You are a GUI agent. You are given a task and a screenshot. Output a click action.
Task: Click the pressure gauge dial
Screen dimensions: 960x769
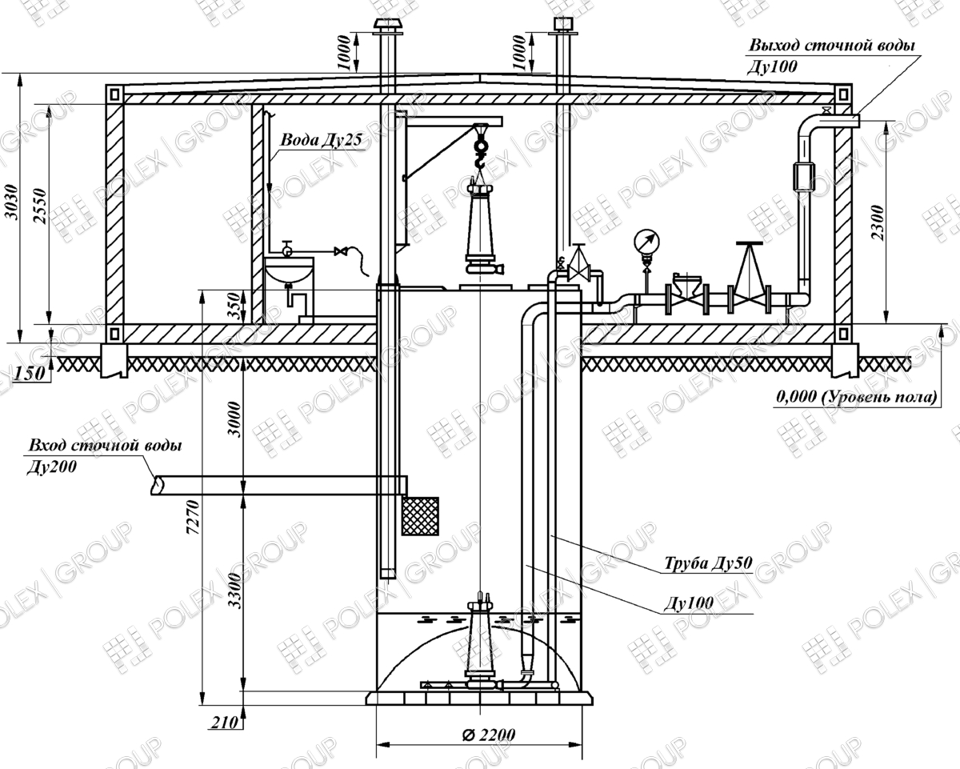click(x=646, y=242)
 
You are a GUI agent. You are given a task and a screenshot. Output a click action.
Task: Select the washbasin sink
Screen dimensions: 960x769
click(x=289, y=271)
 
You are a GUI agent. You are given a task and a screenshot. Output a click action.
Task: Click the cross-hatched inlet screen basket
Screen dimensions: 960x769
click(x=420, y=516)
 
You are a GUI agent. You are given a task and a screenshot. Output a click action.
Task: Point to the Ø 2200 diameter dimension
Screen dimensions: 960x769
click(x=489, y=734)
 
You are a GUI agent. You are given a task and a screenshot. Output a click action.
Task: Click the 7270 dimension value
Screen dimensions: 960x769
click(x=194, y=517)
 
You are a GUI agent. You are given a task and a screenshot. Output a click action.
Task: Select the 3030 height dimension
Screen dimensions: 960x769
click(x=13, y=202)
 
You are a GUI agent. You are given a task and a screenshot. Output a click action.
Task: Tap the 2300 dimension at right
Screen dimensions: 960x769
click(x=878, y=222)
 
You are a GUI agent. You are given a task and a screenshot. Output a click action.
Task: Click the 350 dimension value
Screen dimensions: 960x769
click(x=234, y=307)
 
